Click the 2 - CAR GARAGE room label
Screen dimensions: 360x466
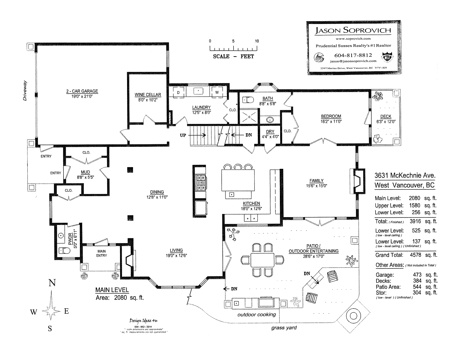pyautogui.click(x=82, y=91)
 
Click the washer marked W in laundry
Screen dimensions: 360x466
pyautogui.click(x=217, y=93)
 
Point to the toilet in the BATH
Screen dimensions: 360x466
pyautogui.click(x=248, y=100)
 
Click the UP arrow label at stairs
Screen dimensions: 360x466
pyautogui.click(x=183, y=135)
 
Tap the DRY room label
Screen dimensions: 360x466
pyautogui.click(x=270, y=132)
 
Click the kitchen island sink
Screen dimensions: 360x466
pyautogui.click(x=232, y=194)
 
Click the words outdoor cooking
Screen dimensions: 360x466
pyautogui.click(x=256, y=315)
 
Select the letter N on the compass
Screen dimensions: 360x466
pyautogui.click(x=52, y=283)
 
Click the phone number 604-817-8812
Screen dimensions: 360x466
pyautogui.click(x=353, y=55)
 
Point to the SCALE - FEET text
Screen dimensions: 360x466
pyautogui.click(x=233, y=56)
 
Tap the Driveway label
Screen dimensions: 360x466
pyautogui.click(x=25, y=91)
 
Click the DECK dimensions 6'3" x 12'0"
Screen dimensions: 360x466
pyautogui.click(x=386, y=122)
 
